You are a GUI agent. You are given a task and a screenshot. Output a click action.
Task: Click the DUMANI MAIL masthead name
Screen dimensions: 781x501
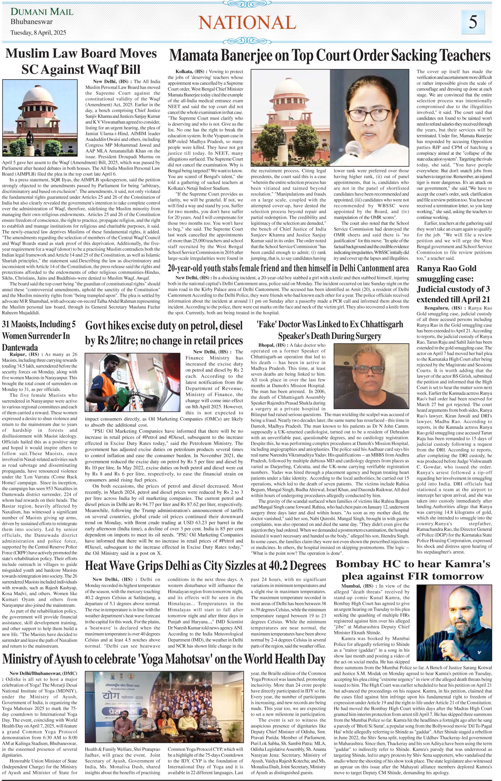coord(42,12)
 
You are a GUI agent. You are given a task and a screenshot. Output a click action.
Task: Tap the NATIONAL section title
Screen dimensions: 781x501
coord(247,23)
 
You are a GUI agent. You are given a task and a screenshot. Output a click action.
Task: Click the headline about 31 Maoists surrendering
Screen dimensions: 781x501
coord(41,335)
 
